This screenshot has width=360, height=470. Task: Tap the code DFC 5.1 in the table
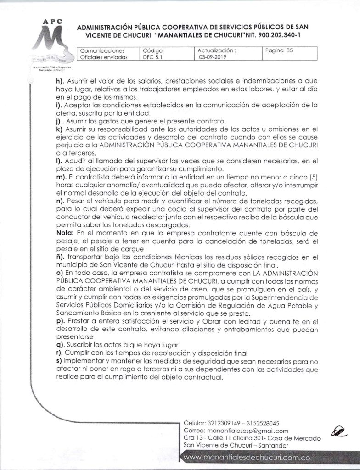pos(151,58)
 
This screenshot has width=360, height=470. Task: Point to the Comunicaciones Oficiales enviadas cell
pos(103,54)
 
